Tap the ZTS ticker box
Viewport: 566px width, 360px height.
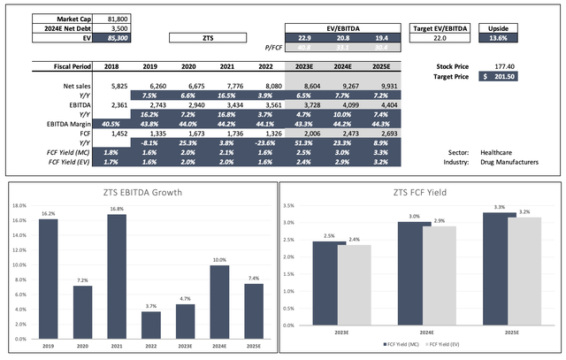point(208,38)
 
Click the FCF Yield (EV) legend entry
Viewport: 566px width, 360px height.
point(443,343)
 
